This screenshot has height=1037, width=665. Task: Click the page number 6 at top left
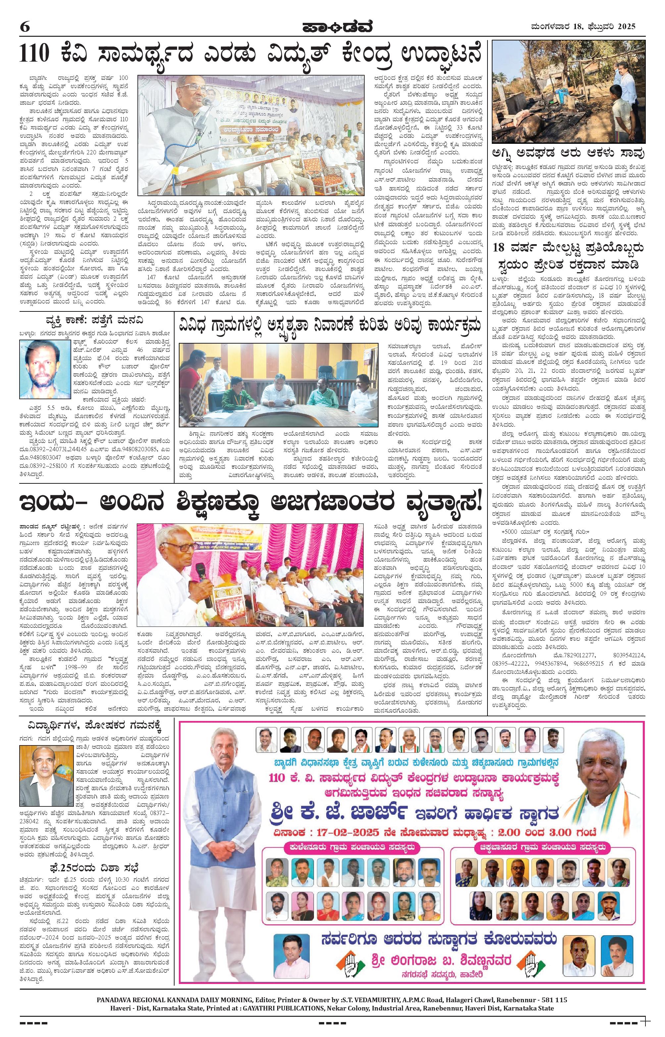[x=25, y=27]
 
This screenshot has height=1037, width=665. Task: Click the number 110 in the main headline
[x=40, y=56]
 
